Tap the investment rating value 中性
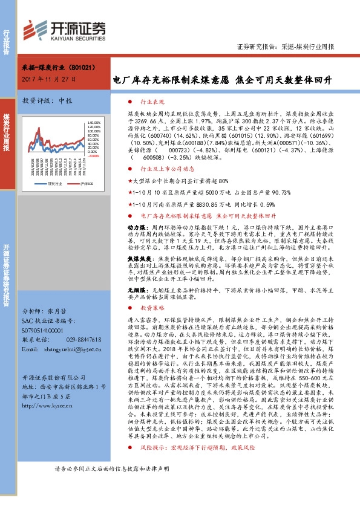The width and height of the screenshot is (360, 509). point(64,101)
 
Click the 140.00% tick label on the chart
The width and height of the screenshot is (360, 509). point(91,123)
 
